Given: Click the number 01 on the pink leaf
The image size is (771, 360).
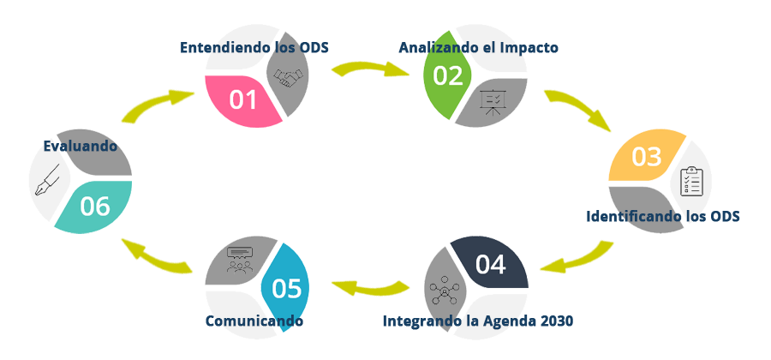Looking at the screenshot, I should pos(243,100).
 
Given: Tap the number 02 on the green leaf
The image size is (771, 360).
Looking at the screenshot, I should pos(448,75).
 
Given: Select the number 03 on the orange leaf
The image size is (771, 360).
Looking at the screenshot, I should pos(647,157).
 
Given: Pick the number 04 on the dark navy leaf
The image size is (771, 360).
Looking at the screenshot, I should pos(490,265).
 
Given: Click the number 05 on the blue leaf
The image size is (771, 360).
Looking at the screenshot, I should pos(286,289).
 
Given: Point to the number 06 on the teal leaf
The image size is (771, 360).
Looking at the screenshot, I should pos(95,206).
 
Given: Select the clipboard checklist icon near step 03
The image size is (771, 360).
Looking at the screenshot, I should pos(690,182).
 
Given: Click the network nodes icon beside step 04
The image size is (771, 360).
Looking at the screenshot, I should pos(446,291).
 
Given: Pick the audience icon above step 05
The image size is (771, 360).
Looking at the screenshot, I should pos(241,261).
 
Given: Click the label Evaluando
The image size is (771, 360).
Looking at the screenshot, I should pos(80,147).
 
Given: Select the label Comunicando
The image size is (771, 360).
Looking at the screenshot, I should pos(254,321).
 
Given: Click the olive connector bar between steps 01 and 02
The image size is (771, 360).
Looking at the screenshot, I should pos(370,69).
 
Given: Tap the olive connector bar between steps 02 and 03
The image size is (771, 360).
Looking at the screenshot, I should pos(577,111).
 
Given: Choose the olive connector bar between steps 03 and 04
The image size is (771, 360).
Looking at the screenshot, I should pos(577,256).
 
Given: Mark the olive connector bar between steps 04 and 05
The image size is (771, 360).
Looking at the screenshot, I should pos(370,288).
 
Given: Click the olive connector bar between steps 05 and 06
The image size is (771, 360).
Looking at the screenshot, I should pos(157,256).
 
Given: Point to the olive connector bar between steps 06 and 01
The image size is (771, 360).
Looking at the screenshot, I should pos(157,106).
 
